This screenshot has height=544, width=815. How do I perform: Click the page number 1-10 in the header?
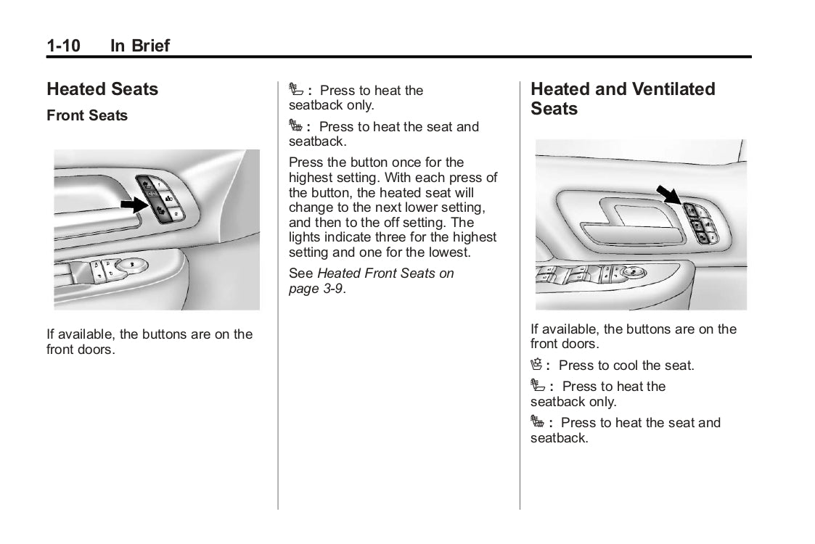pyautogui.click(x=63, y=46)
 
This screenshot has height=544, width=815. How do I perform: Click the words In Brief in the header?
pyautogui.click(x=140, y=46)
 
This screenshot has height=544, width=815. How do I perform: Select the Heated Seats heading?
pyautogui.click(x=102, y=89)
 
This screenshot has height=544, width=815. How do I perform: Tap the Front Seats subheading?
pyautogui.click(x=87, y=115)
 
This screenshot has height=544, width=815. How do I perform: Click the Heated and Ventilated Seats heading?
pyautogui.click(x=623, y=99)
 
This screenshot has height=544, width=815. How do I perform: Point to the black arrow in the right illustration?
pyautogui.click(x=668, y=194)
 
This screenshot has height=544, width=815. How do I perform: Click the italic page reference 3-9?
pyautogui.click(x=333, y=288)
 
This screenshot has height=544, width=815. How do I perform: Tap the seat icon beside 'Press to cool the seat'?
pyautogui.click(x=537, y=365)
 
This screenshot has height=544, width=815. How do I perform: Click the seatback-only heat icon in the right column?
pyautogui.click(x=537, y=386)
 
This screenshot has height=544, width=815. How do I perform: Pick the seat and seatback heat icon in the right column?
pyautogui.click(x=537, y=422)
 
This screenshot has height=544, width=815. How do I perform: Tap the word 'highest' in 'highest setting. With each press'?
pyautogui.click(x=313, y=178)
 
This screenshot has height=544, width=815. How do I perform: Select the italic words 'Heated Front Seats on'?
pyautogui.click(x=385, y=273)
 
